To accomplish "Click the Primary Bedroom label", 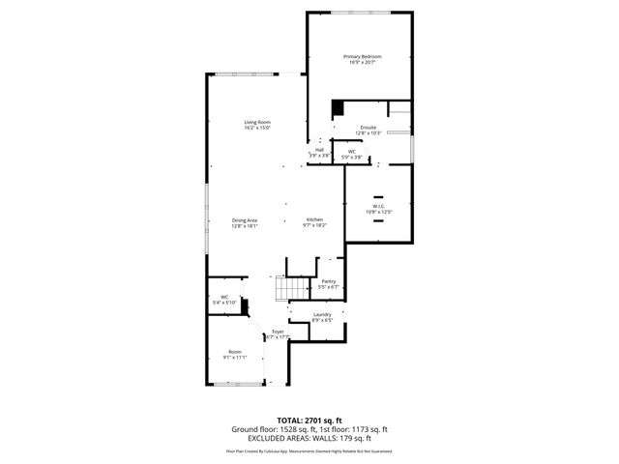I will coord(363,57).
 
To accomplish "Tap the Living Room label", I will coord(256,122).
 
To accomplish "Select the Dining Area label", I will coord(244,219).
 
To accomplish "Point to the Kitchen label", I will coord(314,219).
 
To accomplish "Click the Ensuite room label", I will coord(368,127).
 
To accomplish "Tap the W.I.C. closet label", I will coord(378,206).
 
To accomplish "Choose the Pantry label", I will coord(329,281).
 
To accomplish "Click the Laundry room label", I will coord(323,314).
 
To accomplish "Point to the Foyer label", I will coord(278,332).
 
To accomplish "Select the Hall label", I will coord(319,149).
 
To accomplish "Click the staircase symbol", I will coord(285,288).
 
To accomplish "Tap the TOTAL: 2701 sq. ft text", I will coord(309,420).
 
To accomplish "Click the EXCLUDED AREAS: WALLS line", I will coord(309,438).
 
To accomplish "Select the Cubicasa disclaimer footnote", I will coord(309,450).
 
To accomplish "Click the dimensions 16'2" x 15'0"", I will coord(256,128).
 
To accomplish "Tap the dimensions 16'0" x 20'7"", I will coord(363,63).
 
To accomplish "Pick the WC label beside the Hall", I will coord(352,151).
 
